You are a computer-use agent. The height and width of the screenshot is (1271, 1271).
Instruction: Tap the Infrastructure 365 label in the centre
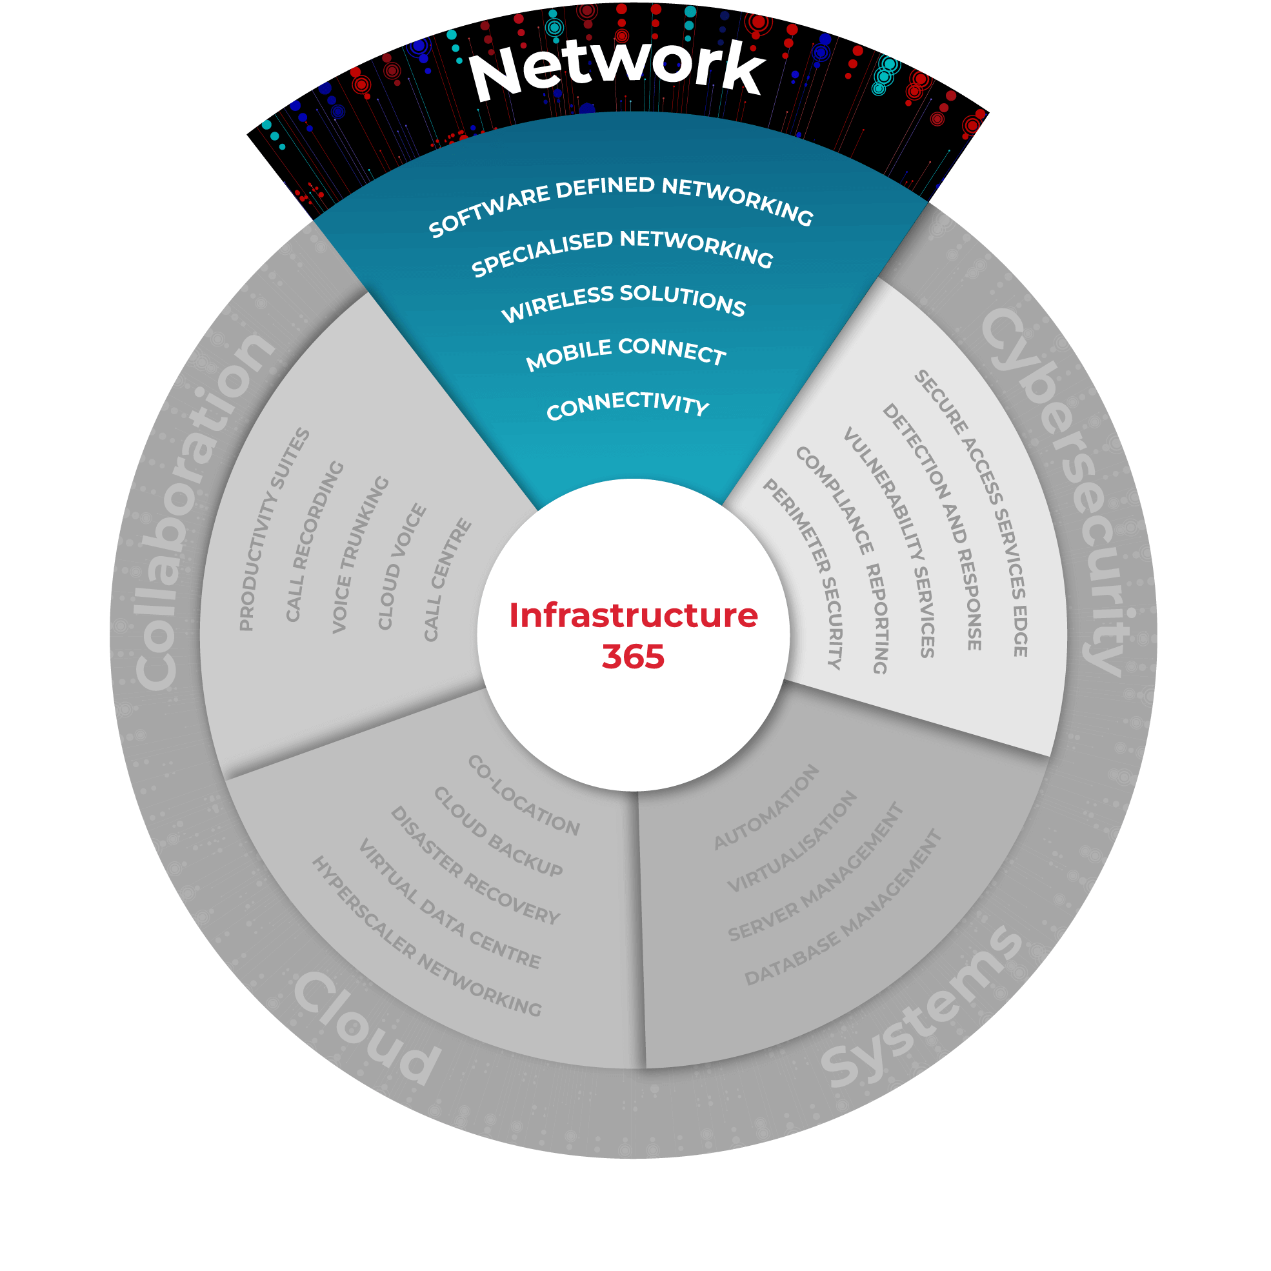click(x=633, y=635)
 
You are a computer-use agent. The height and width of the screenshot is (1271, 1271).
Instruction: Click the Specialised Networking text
click(x=623, y=252)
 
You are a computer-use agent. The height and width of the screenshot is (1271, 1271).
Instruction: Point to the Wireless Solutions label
click(x=624, y=302)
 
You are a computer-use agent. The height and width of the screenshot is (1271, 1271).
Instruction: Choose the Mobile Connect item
click(x=626, y=353)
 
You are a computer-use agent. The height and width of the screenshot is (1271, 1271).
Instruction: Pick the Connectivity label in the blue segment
click(x=628, y=404)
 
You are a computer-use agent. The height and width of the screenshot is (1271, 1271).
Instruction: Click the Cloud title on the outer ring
click(x=366, y=1030)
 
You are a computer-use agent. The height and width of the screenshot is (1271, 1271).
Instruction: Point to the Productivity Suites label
click(x=273, y=530)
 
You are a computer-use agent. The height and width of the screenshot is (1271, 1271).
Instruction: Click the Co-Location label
click(x=524, y=796)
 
